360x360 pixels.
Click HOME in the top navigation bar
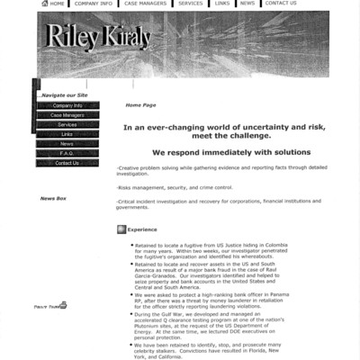pyautogui.click(x=57, y=4)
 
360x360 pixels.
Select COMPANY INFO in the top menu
pyautogui.click(x=94, y=4)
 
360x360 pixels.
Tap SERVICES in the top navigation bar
pyautogui.click(x=190, y=4)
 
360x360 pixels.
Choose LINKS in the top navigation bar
pyautogui.click(x=221, y=4)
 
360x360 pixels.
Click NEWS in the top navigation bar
pyautogui.click(x=247, y=4)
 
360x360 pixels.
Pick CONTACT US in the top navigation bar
pyautogui.click(x=280, y=4)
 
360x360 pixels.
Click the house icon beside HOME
pyautogui.click(x=45, y=4)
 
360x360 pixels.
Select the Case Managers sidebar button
pyautogui.click(x=67, y=115)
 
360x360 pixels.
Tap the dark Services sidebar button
pyautogui.click(x=67, y=125)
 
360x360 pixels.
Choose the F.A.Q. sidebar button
pyautogui.click(x=67, y=153)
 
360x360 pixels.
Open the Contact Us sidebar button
pyautogui.click(x=67, y=163)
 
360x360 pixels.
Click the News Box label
pyautogui.click(x=53, y=198)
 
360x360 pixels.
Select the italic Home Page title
pyautogui.click(x=140, y=105)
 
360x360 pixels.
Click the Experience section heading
pyautogui.click(x=142, y=229)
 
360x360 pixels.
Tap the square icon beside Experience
pyautogui.click(x=121, y=229)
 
